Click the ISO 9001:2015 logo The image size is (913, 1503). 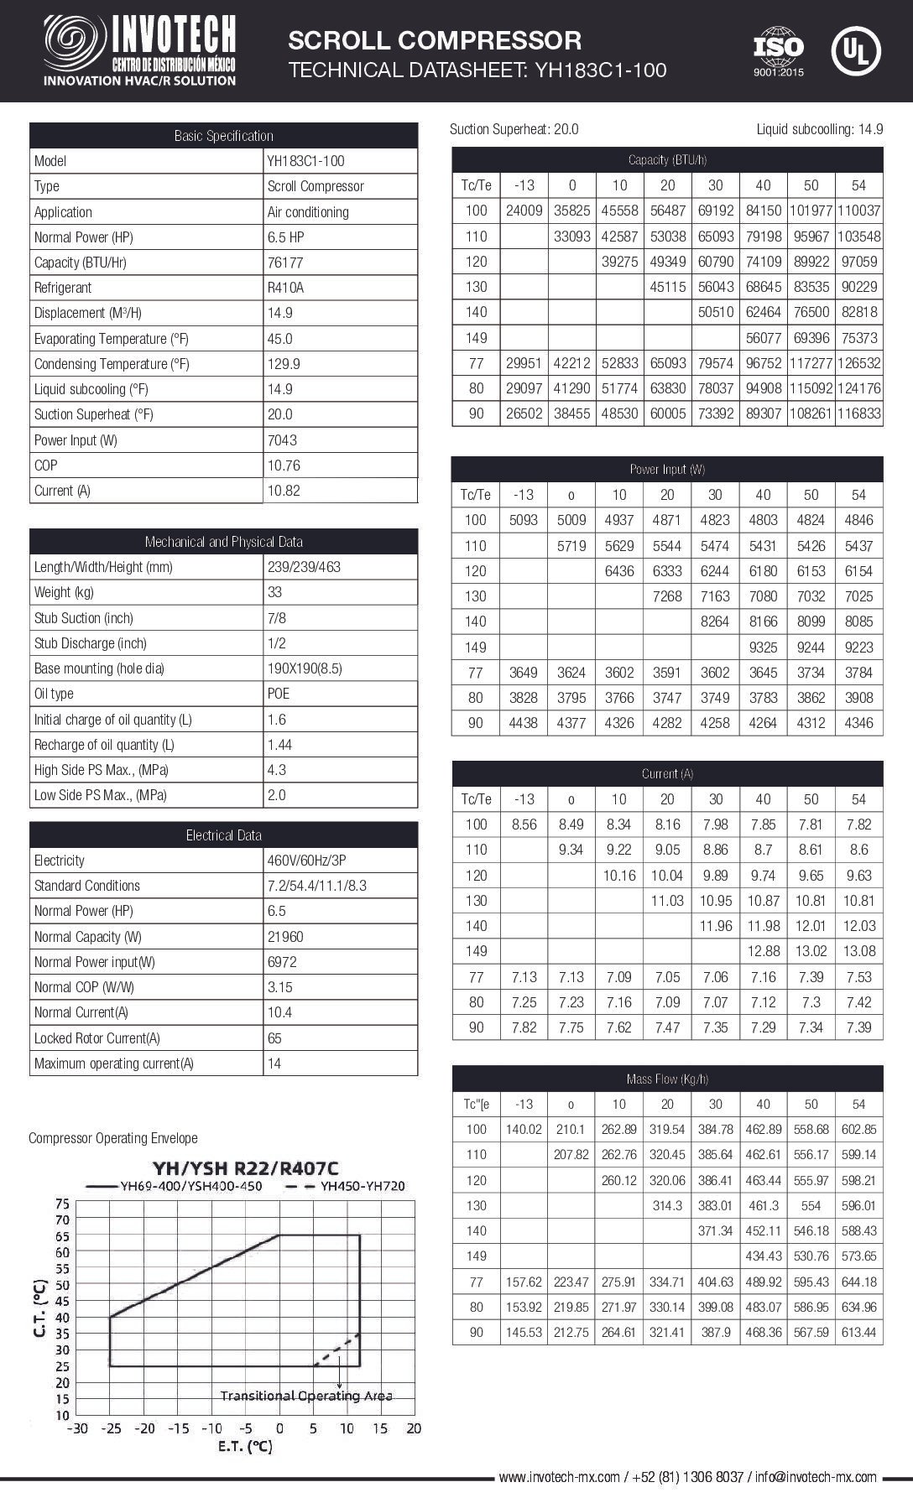pyautogui.click(x=778, y=52)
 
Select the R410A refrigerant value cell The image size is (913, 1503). pyautogui.click(x=285, y=288)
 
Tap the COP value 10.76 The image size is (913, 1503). pyautogui.click(x=284, y=465)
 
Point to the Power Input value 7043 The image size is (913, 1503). pyautogui.click(x=282, y=440)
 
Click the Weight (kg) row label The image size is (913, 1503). pyautogui.click(x=64, y=592)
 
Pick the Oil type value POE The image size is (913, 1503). pyautogui.click(x=279, y=694)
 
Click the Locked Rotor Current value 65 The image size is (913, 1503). pyautogui.click(x=275, y=1038)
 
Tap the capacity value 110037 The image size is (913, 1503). pyautogui.click(x=858, y=211)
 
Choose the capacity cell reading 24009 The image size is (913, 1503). pyautogui.click(x=524, y=211)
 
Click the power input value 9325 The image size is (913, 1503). pyautogui.click(x=763, y=647)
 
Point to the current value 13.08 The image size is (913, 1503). pyautogui.click(x=858, y=951)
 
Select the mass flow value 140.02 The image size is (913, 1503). pyautogui.click(x=524, y=1130)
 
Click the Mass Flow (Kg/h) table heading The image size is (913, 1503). pyautogui.click(x=667, y=1079)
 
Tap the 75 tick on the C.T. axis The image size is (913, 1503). pyautogui.click(x=63, y=1203)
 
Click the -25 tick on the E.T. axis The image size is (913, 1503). pyautogui.click(x=111, y=1428)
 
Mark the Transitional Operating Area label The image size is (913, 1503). pyautogui.click(x=306, y=1396)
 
